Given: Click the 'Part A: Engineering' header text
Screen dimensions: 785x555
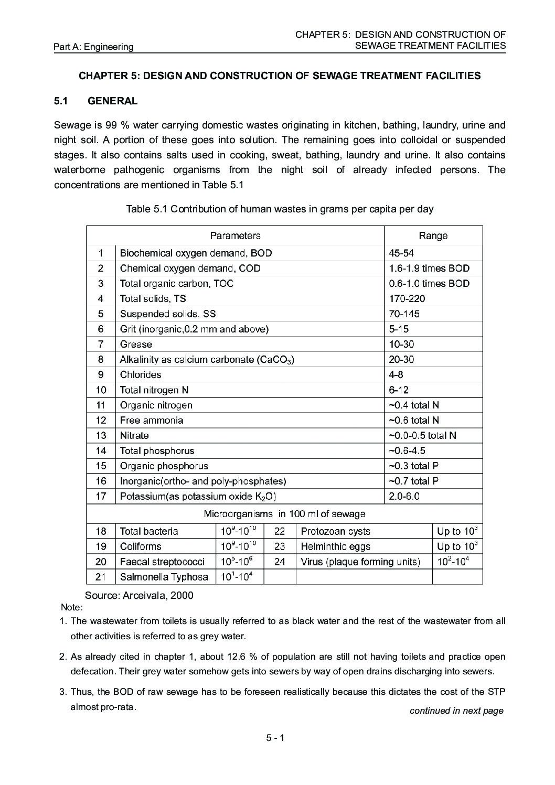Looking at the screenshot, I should pyautogui.click(x=93, y=47).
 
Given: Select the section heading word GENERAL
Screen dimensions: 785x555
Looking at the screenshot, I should pyautogui.click(x=113, y=101).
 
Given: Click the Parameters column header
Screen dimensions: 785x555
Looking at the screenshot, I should pyautogui.click(x=235, y=236).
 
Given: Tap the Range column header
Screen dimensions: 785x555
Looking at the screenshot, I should pyautogui.click(x=433, y=236).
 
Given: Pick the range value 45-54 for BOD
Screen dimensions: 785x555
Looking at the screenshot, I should pyautogui.click(x=401, y=253).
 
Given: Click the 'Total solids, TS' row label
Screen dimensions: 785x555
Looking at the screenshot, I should pyautogui.click(x=153, y=299).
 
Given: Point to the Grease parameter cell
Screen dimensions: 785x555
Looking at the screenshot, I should pyautogui.click(x=136, y=345).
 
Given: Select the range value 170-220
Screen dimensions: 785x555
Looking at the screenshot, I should pyautogui.click(x=407, y=299).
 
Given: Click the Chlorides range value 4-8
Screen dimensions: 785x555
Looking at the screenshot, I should pyautogui.click(x=396, y=375).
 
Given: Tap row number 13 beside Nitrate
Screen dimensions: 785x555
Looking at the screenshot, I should pyautogui.click(x=101, y=436).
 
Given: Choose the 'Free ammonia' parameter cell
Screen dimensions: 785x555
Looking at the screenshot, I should pyautogui.click(x=152, y=421).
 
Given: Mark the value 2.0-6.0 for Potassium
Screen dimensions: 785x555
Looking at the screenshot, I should pyautogui.click(x=404, y=497).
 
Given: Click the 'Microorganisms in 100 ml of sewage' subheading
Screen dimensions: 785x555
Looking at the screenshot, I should pyautogui.click(x=284, y=514).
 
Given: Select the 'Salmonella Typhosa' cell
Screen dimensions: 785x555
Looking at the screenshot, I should pyautogui.click(x=164, y=577).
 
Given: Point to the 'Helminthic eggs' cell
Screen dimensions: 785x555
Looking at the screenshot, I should pyautogui.click(x=335, y=546).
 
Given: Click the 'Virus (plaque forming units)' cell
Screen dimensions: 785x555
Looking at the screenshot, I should pyautogui.click(x=360, y=562).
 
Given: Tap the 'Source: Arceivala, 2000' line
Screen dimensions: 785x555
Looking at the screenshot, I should pyautogui.click(x=139, y=596).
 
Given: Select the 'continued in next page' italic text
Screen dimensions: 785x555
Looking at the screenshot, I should pyautogui.click(x=456, y=711).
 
